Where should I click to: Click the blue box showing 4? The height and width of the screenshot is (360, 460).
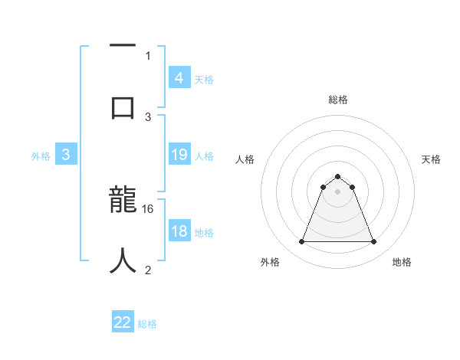click(x=179, y=77)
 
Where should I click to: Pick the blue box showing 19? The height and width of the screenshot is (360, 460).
click(x=179, y=155)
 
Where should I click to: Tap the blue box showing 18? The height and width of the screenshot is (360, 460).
click(x=179, y=231)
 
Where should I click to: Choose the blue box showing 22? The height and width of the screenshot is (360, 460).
click(x=123, y=322)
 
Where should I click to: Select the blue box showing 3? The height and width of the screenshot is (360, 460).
click(x=66, y=155)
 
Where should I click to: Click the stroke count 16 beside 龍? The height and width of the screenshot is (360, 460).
click(x=149, y=208)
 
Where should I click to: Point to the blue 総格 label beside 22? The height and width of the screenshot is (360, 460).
click(x=147, y=324)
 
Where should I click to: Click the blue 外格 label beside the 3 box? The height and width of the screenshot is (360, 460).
click(x=41, y=156)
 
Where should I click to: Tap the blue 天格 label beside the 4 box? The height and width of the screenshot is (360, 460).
click(x=204, y=79)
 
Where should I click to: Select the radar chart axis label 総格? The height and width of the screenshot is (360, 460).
click(x=338, y=100)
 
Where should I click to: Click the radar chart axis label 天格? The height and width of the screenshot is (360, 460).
click(x=431, y=159)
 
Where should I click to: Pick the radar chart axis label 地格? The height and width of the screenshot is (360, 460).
click(x=402, y=262)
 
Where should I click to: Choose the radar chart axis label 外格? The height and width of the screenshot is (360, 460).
click(x=270, y=262)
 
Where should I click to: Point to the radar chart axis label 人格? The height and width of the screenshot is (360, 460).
click(x=245, y=159)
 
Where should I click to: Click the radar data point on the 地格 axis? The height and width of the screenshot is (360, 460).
click(x=374, y=242)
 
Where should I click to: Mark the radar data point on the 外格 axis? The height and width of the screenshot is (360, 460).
click(x=301, y=242)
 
